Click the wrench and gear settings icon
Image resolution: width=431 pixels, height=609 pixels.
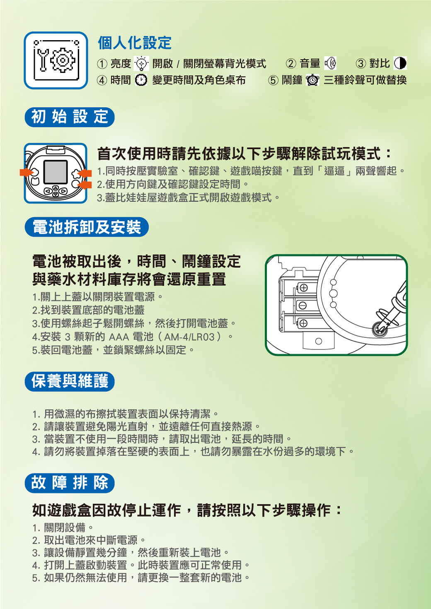[x=56, y=60]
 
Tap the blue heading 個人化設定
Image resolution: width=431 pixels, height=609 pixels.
[x=135, y=43]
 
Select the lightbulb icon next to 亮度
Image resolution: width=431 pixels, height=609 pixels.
[x=142, y=64]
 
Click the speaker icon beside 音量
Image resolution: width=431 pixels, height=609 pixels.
[x=330, y=63]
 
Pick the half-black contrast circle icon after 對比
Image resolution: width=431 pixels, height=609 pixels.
[x=400, y=63]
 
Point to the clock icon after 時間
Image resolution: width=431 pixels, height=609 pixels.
[x=141, y=80]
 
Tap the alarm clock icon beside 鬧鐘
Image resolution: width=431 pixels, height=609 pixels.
[x=312, y=80]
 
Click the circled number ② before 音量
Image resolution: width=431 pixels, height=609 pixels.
[x=291, y=64]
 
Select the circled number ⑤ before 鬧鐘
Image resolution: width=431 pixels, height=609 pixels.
[x=273, y=80]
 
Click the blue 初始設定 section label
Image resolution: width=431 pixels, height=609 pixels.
[x=70, y=117]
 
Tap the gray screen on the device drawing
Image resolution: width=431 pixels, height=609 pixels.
[x=56, y=172]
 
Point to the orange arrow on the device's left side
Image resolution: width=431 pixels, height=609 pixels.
[x=27, y=172]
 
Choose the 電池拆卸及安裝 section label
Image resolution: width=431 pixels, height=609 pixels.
[x=87, y=227]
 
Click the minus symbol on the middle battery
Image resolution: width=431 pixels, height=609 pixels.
[x=303, y=306]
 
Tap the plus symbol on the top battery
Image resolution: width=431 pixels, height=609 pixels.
[x=303, y=288]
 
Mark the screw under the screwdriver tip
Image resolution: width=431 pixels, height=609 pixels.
[x=380, y=330]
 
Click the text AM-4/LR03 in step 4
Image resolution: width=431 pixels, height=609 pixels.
[x=189, y=337]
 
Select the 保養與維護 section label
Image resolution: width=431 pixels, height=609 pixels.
[x=70, y=381]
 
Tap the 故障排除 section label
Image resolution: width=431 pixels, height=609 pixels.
[x=70, y=483]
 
